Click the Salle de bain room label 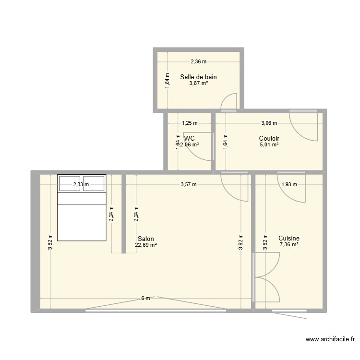click(198, 77)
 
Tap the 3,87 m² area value click(198, 83)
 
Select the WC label click(189, 138)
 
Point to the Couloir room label click(269, 138)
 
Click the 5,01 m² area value click(269, 144)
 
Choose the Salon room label click(145, 239)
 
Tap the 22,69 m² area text click(146, 245)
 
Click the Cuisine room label click(289, 238)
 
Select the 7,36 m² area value click(289, 244)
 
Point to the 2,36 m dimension click(198, 61)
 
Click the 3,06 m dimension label click(269, 123)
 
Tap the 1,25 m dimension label click(189, 123)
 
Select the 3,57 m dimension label click(188, 184)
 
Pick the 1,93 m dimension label click(289, 184)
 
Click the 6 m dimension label click(145, 298)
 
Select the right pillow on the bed click(94, 183)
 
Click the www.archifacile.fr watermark click(330, 340)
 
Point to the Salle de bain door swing click(229, 100)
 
